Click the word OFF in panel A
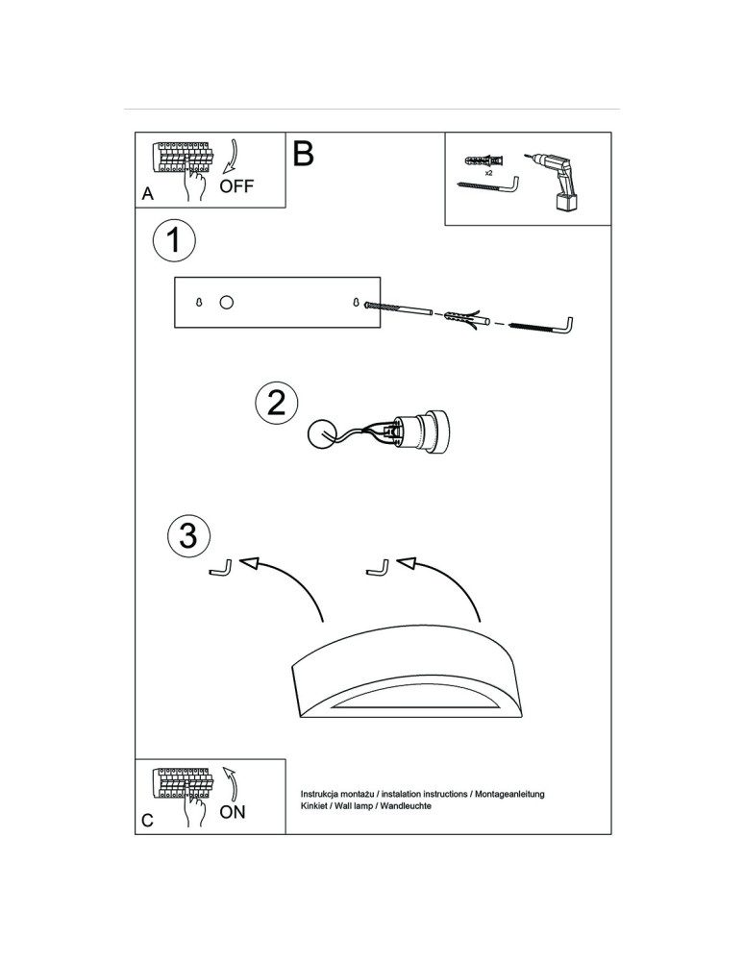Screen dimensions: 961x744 point(237,186)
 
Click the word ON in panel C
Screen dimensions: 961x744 point(233,812)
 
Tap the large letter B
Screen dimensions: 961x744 point(303,154)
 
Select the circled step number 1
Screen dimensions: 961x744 point(174,240)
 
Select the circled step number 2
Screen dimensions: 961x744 point(277,403)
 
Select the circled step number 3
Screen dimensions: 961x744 point(188,535)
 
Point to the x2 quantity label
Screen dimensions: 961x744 point(488,173)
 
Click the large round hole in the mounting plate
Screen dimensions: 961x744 point(227,303)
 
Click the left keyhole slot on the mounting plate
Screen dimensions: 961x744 point(199,303)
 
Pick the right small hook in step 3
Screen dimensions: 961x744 point(378,569)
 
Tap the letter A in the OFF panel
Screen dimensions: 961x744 point(147,194)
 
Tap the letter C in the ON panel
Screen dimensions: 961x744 point(147,821)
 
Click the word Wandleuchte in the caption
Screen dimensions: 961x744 point(405,806)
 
